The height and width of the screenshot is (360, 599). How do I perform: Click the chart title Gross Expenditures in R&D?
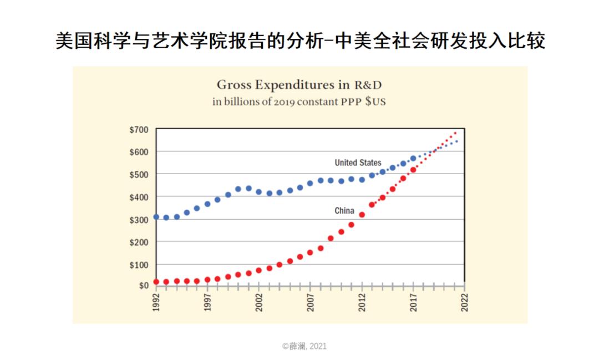click(x=299, y=85)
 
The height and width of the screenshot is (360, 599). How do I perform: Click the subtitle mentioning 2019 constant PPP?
click(x=299, y=102)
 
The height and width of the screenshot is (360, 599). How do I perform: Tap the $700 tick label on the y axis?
click(x=139, y=130)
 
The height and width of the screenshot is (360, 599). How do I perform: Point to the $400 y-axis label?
click(x=139, y=197)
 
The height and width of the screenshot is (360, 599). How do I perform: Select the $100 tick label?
click(x=139, y=265)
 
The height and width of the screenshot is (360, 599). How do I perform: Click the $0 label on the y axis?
click(x=143, y=286)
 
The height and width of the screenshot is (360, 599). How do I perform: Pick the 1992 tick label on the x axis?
click(x=156, y=302)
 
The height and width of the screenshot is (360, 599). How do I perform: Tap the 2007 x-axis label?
click(x=310, y=302)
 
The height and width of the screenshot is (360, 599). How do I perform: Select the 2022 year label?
click(x=464, y=302)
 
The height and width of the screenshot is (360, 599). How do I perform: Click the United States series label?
click(x=358, y=163)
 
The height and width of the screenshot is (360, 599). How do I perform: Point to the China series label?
click(x=344, y=211)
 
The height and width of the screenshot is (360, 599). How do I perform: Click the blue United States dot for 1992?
click(x=156, y=217)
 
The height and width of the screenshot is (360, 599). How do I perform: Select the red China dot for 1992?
click(x=156, y=282)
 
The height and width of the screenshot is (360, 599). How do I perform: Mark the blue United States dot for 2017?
click(x=413, y=159)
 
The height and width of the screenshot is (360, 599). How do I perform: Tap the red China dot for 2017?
click(x=413, y=170)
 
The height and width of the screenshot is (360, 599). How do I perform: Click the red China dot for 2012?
click(x=362, y=215)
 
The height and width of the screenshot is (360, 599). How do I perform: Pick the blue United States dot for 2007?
click(x=310, y=183)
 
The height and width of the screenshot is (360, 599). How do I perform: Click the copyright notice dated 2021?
click(x=304, y=346)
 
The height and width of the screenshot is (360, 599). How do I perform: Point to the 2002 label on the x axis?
click(x=259, y=302)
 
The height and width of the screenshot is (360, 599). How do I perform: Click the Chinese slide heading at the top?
click(x=300, y=42)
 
